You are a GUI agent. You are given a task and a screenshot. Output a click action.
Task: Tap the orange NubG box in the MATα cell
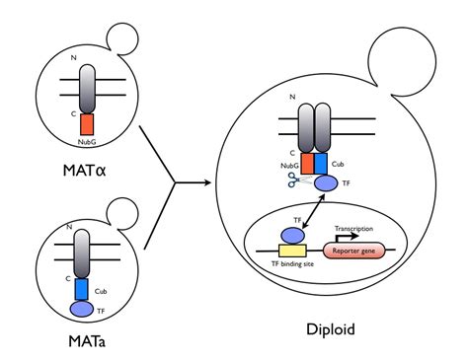tap(86, 124)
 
